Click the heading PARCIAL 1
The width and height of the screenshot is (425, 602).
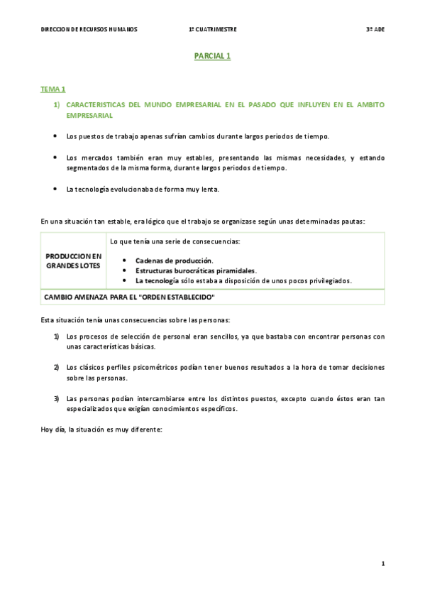[x=213, y=56]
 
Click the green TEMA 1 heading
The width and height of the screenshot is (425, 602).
[x=53, y=89]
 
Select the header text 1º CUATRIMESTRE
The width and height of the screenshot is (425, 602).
[x=213, y=29]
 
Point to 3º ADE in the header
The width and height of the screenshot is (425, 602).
[x=375, y=29]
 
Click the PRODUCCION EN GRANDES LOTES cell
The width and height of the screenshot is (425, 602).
[x=74, y=261]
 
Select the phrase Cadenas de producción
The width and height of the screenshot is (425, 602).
[x=175, y=261]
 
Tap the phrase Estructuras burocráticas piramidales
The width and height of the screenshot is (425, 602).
[x=197, y=270]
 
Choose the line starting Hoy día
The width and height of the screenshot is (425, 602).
[x=101, y=429]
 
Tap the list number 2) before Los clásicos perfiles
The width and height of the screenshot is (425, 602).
[x=56, y=368]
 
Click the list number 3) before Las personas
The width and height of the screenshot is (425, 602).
[x=56, y=399]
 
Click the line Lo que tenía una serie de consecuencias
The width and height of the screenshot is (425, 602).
[x=175, y=241]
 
